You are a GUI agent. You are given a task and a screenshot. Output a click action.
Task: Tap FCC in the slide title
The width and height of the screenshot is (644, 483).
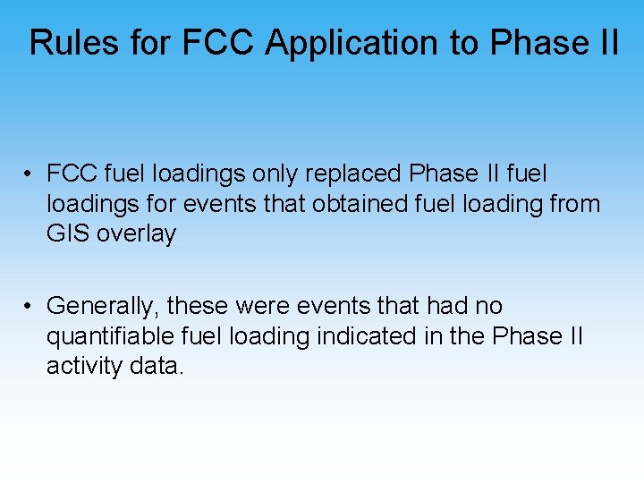[221, 42]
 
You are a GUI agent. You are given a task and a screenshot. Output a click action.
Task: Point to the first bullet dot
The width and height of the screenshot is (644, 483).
[30, 174]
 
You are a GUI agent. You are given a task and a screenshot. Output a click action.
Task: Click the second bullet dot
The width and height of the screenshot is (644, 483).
[30, 306]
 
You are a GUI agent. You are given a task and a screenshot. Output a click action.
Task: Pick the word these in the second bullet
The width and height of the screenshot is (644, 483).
[198, 306]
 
